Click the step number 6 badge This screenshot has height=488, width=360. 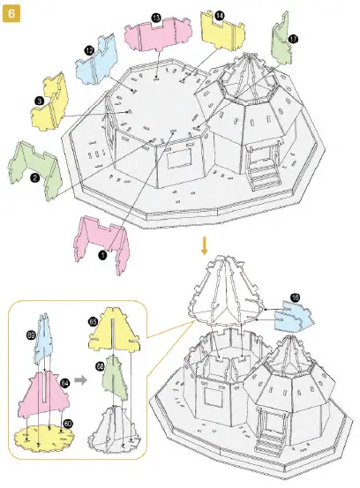[13, 15]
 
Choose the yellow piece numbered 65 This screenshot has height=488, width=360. [112, 330]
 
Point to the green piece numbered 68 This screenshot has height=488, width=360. [113, 380]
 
